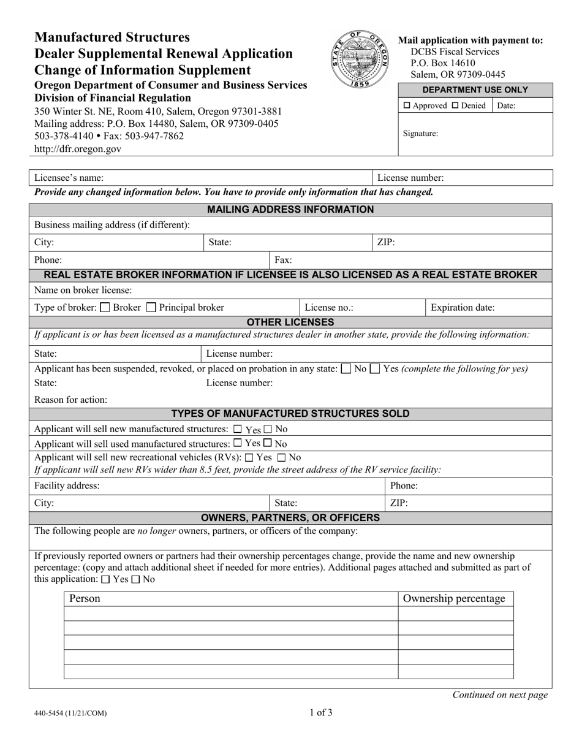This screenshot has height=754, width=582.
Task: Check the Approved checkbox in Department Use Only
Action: [x=407, y=105]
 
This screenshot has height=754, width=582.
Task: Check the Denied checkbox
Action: [x=455, y=105]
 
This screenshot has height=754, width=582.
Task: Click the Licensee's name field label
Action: [x=69, y=178]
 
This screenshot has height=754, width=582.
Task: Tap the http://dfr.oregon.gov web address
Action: [x=78, y=148]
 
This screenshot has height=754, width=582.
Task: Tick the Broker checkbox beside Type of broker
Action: [x=105, y=308]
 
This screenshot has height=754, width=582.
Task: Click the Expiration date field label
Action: [x=463, y=308]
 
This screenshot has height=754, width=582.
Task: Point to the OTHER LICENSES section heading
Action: [x=290, y=322]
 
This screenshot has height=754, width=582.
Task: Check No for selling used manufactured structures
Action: [x=268, y=443]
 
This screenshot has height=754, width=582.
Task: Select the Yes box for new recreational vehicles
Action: [x=249, y=457]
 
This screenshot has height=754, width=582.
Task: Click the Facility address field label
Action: [x=67, y=486]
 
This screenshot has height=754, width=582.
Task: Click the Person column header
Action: [x=85, y=598]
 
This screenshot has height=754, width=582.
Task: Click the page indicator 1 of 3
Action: [x=320, y=712]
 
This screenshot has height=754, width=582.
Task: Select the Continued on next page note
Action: [x=500, y=695]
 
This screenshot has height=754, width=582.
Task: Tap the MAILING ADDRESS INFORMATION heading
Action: [x=290, y=210]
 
